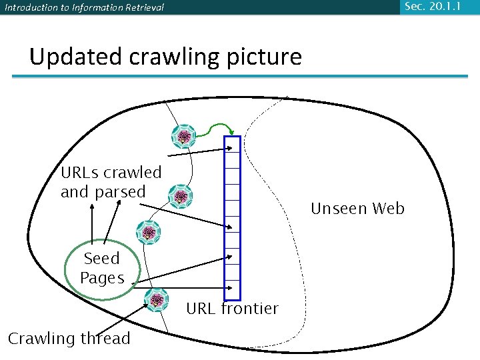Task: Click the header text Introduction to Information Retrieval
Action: point(84,8)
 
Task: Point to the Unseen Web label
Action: point(357,209)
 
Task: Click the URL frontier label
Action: point(232,309)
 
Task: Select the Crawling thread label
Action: point(69,339)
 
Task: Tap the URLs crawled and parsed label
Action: point(111,182)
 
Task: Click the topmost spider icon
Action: point(183,137)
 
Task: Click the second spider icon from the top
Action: point(181,197)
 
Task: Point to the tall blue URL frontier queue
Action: point(232,217)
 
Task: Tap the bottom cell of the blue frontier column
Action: point(232,291)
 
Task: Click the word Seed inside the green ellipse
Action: point(102,259)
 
